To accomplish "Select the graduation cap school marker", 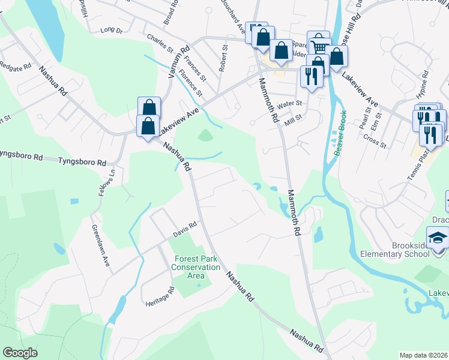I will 438,238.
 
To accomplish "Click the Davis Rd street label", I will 185,227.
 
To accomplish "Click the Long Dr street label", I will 111,29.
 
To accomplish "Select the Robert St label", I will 224,58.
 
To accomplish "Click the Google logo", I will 20,353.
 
